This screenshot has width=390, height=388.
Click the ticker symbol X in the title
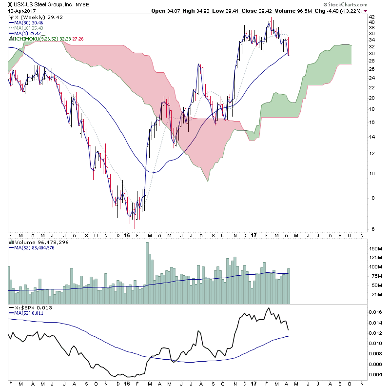(10, 5)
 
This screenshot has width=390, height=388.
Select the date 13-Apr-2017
(20, 11)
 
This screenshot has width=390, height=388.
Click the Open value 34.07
(175, 11)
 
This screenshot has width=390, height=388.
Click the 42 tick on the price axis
(371, 21)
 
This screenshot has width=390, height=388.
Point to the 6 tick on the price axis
(371, 229)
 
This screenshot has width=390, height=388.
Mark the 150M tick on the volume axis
(375, 249)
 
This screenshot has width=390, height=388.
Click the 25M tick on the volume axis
(374, 295)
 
